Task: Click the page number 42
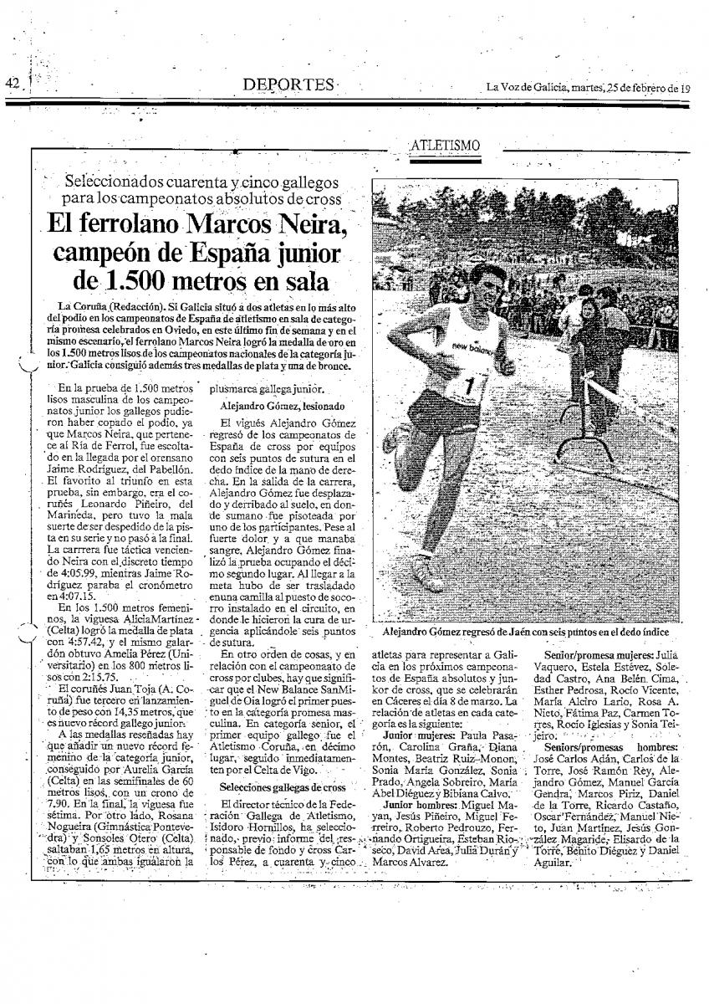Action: click(x=13, y=83)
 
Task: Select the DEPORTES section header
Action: click(x=287, y=85)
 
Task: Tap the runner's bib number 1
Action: click(x=470, y=386)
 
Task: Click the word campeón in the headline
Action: click(x=111, y=253)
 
